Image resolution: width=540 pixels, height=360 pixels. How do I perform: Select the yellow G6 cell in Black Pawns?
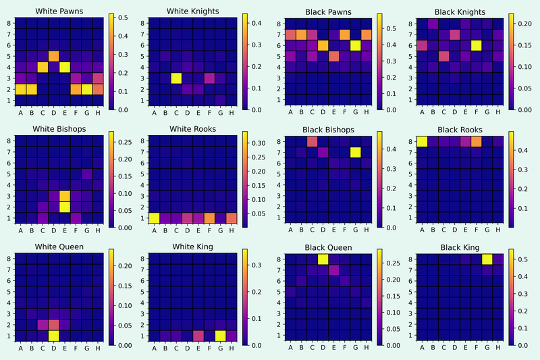click(355, 45)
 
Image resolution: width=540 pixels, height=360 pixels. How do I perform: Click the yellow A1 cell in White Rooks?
click(154, 217)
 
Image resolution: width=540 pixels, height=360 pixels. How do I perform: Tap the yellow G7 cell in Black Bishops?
click(355, 152)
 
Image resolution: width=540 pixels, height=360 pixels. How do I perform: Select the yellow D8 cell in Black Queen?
click(323, 259)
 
